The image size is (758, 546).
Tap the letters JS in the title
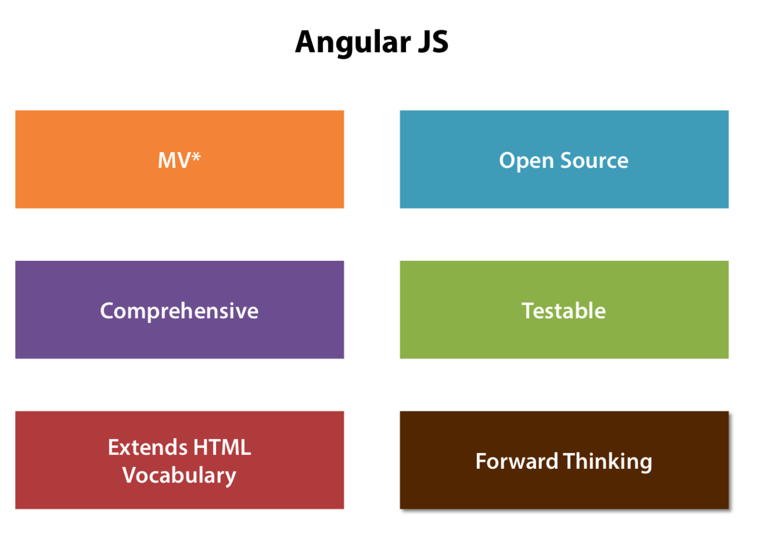[x=430, y=42]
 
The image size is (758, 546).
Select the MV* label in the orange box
[x=179, y=160]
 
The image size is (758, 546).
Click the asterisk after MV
[x=196, y=157]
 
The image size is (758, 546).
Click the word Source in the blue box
[x=594, y=160]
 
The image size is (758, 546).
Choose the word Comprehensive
[x=179, y=311]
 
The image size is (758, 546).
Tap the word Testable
[x=564, y=311]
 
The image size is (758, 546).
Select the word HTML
[x=222, y=448]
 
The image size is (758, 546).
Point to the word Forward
[x=516, y=461]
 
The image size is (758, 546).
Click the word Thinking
[x=607, y=462]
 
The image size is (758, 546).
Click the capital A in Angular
[x=306, y=42]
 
